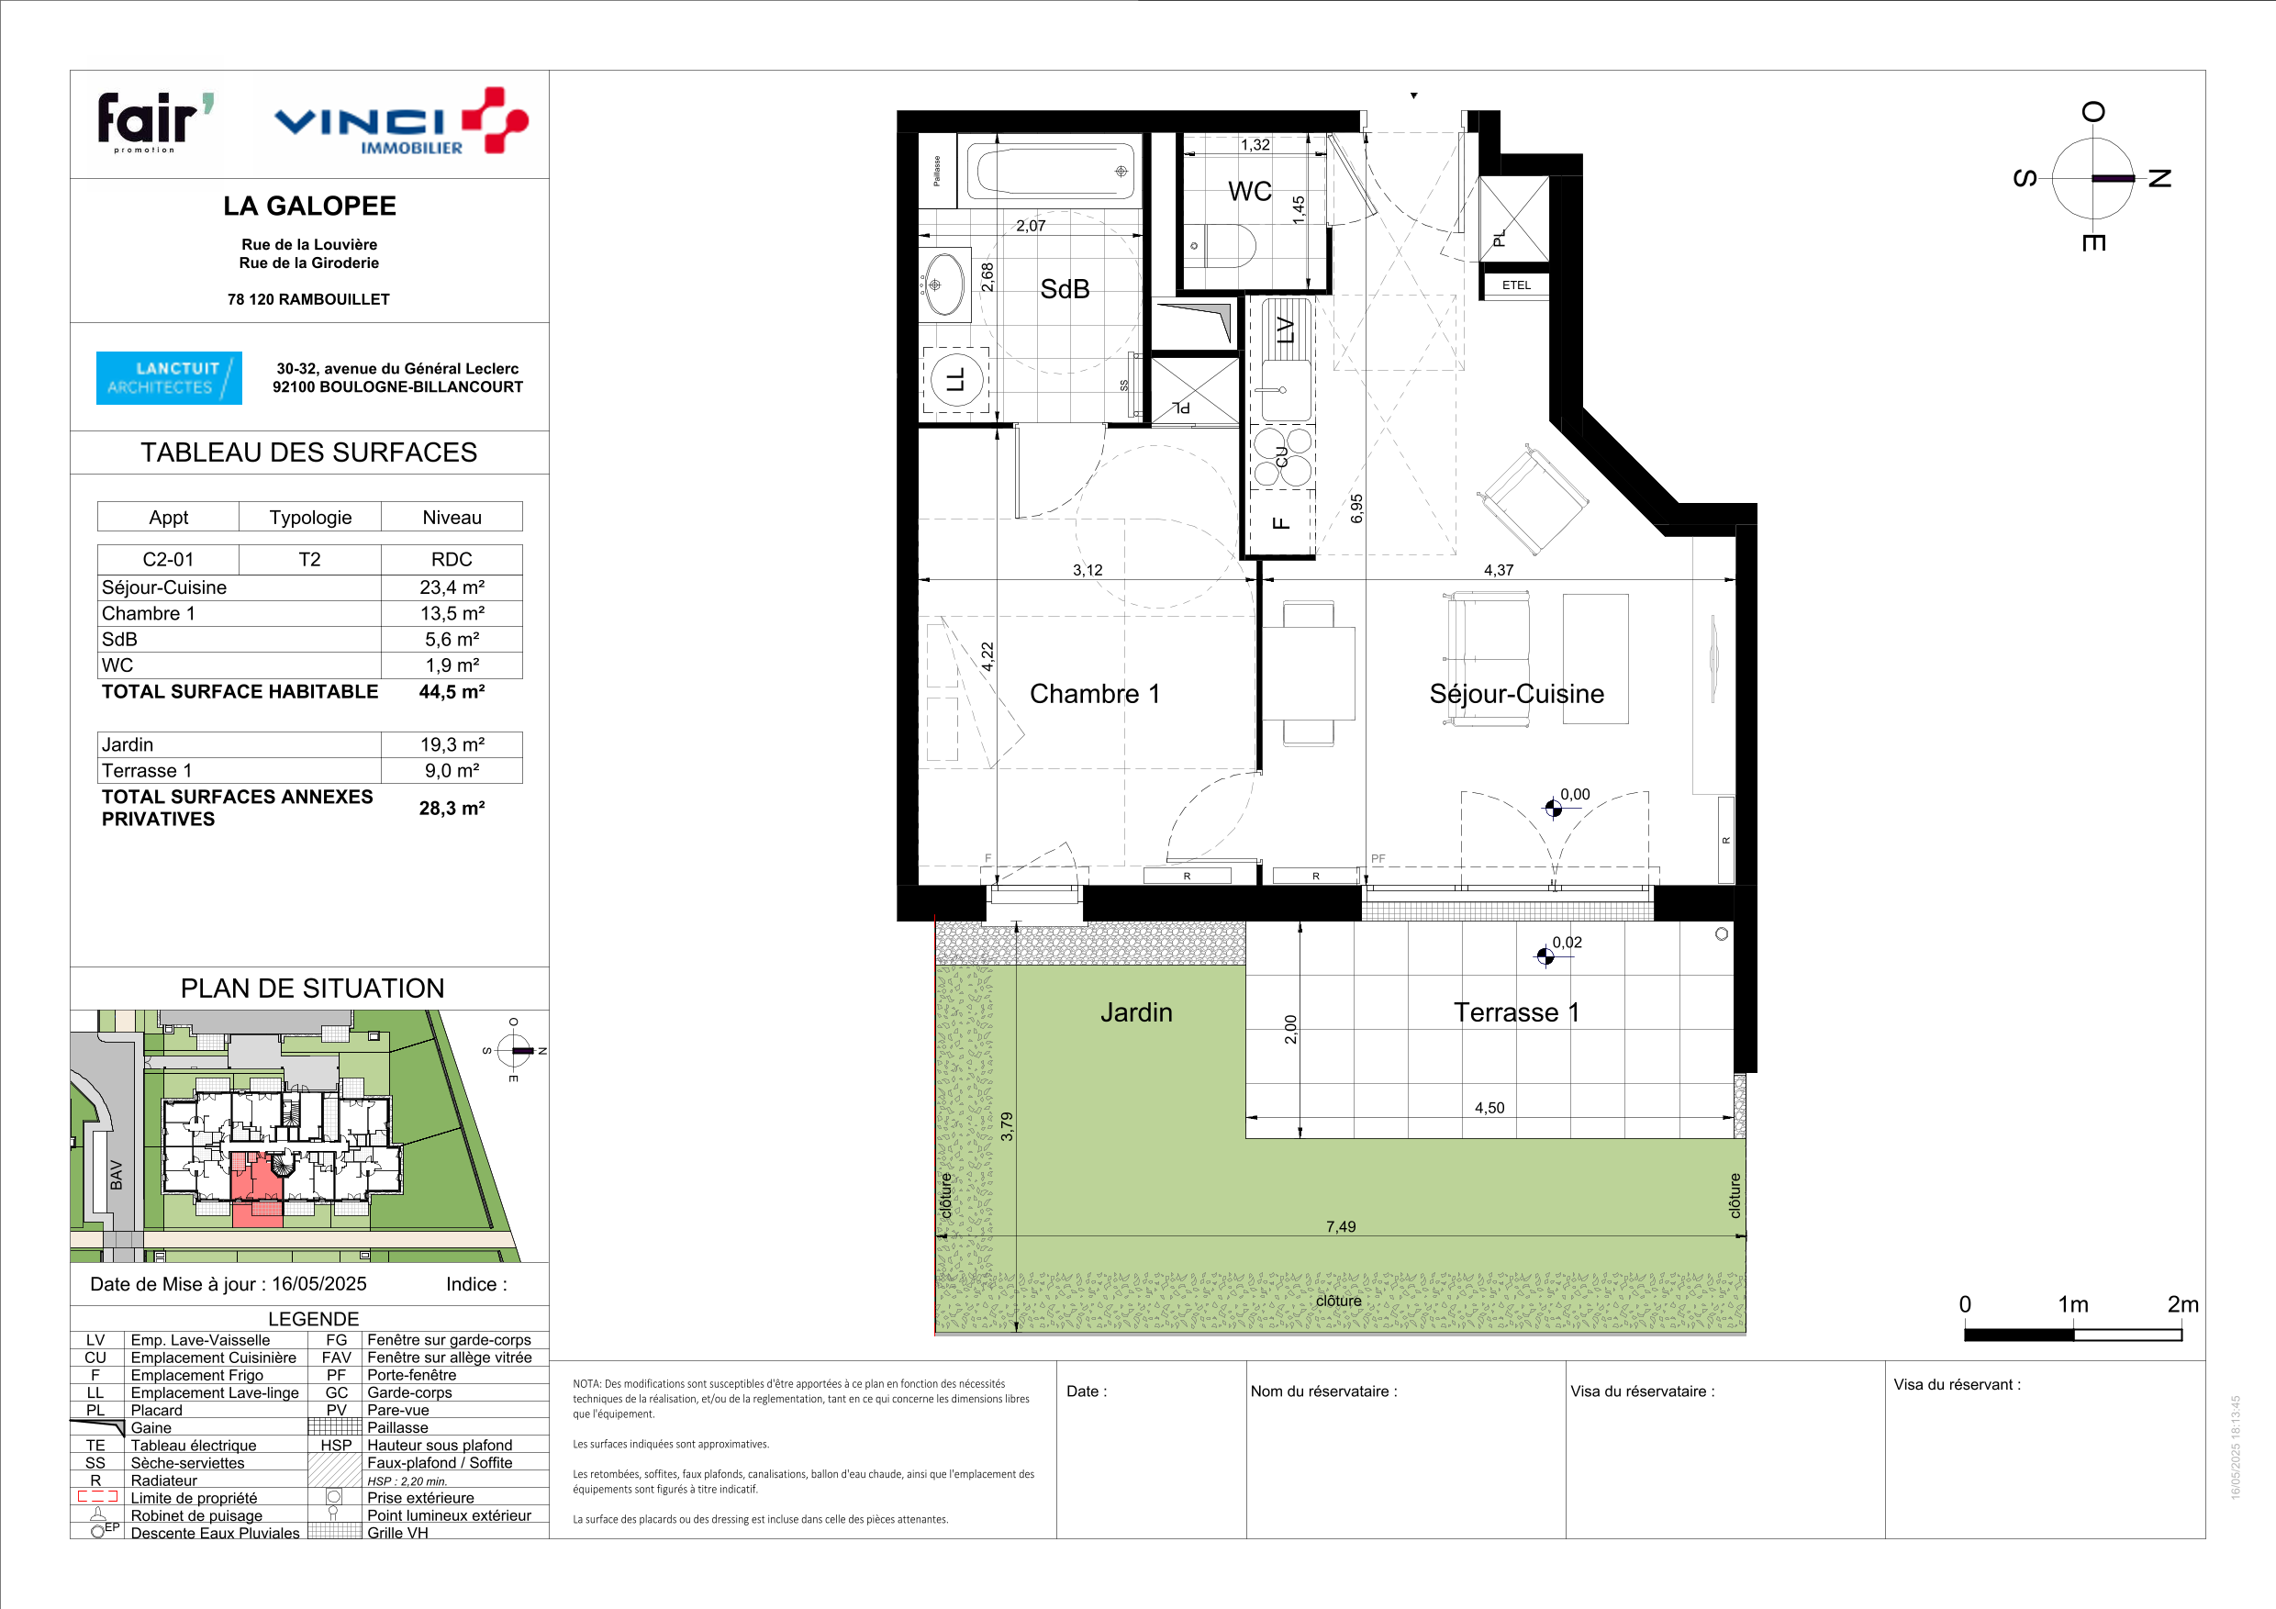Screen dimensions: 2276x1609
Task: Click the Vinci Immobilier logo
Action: point(400,122)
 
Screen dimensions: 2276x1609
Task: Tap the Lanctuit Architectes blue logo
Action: point(169,378)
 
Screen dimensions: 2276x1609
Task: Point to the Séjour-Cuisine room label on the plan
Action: point(1517,694)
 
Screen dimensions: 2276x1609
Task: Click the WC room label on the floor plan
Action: point(1249,191)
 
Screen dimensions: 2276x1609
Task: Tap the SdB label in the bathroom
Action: point(1065,288)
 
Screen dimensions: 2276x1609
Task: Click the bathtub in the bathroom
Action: point(1051,171)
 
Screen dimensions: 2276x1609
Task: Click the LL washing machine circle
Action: point(956,380)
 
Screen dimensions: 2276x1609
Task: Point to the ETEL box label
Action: point(1516,285)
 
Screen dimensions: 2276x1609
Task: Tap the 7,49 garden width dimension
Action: point(1340,1226)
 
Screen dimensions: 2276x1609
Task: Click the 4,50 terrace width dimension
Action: point(1489,1107)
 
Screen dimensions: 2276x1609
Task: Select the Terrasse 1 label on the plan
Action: point(1516,1012)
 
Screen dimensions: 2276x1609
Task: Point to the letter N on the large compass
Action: point(2159,178)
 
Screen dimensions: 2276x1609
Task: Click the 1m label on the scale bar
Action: point(2073,1303)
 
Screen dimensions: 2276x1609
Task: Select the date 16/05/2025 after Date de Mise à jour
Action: point(319,1284)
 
